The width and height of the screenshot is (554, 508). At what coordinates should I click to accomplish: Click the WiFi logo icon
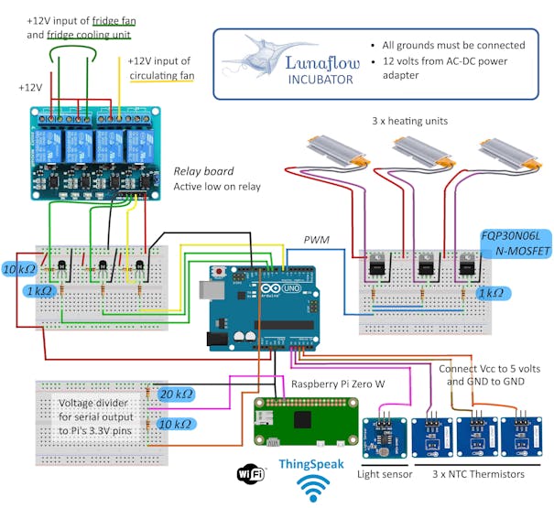tap(250, 473)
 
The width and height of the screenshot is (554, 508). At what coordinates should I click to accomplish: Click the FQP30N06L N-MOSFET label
tap(511, 242)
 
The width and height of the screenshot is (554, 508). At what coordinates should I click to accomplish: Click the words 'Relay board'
tap(203, 171)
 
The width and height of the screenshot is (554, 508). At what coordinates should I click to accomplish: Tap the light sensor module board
tap(385, 438)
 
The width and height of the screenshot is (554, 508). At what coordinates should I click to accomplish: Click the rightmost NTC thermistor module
tap(523, 438)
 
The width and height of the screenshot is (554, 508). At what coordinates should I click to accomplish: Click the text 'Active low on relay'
tap(217, 187)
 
